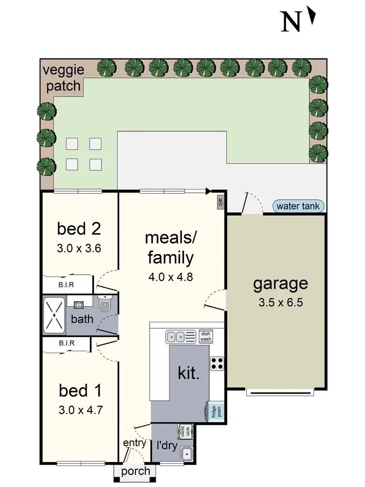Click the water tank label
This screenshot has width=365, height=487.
coord(298,206)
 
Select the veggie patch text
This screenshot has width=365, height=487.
coord(62,77)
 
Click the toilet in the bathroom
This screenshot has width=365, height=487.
coord(105,303)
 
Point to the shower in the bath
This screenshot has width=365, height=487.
coord(57,315)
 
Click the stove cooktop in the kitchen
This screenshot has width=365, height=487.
coord(217,363)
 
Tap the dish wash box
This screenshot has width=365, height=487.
coord(205,336)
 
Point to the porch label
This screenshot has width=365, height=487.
coord(136,471)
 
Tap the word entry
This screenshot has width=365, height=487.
coord(134,443)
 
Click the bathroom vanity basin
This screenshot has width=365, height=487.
coord(78,305)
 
